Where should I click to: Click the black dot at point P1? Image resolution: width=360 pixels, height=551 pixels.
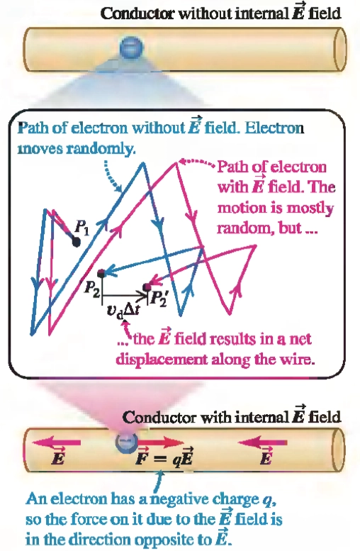tap(76, 242)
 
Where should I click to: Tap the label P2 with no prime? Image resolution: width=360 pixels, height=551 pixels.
tap(91, 289)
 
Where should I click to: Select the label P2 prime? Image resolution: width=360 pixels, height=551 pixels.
tap(158, 299)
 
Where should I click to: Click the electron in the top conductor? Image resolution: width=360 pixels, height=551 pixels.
tap(131, 48)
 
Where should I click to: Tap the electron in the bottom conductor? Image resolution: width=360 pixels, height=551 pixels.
tap(125, 443)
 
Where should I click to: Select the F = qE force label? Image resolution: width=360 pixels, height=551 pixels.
tap(164, 458)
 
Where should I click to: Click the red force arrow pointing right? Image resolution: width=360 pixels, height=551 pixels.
tap(160, 442)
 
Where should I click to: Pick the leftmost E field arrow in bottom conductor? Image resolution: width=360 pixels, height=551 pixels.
tap(56, 443)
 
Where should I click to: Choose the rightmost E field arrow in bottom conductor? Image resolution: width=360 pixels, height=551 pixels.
tap(262, 442)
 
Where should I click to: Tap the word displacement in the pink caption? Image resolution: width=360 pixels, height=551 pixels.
tap(162, 360)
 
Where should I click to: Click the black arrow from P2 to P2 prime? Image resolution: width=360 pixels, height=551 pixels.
tap(123, 295)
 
